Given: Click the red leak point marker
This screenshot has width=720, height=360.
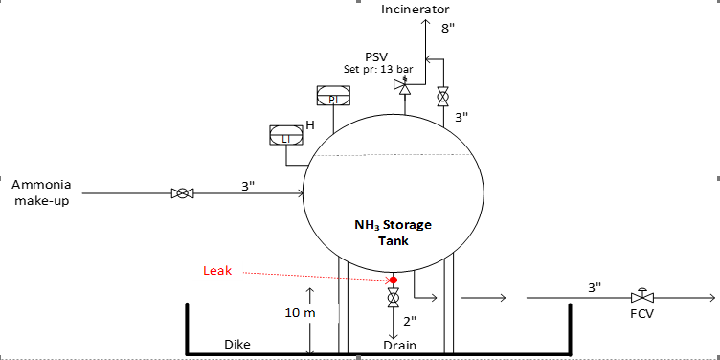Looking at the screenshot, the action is (x=394, y=280).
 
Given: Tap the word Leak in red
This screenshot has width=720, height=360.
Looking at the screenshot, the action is (x=217, y=271).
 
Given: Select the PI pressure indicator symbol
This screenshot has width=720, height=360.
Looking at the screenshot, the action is (x=333, y=95).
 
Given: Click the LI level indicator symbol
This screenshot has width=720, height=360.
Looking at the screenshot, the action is (x=286, y=135).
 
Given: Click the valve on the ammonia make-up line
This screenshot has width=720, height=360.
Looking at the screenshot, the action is (x=182, y=193).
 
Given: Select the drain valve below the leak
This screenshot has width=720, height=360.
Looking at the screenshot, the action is (x=394, y=298).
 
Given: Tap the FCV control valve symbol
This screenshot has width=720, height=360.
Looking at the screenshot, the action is (x=642, y=296).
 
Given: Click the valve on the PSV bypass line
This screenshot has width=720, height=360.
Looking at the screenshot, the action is (x=442, y=97).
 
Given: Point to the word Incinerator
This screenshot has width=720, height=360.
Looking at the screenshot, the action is (x=416, y=9).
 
